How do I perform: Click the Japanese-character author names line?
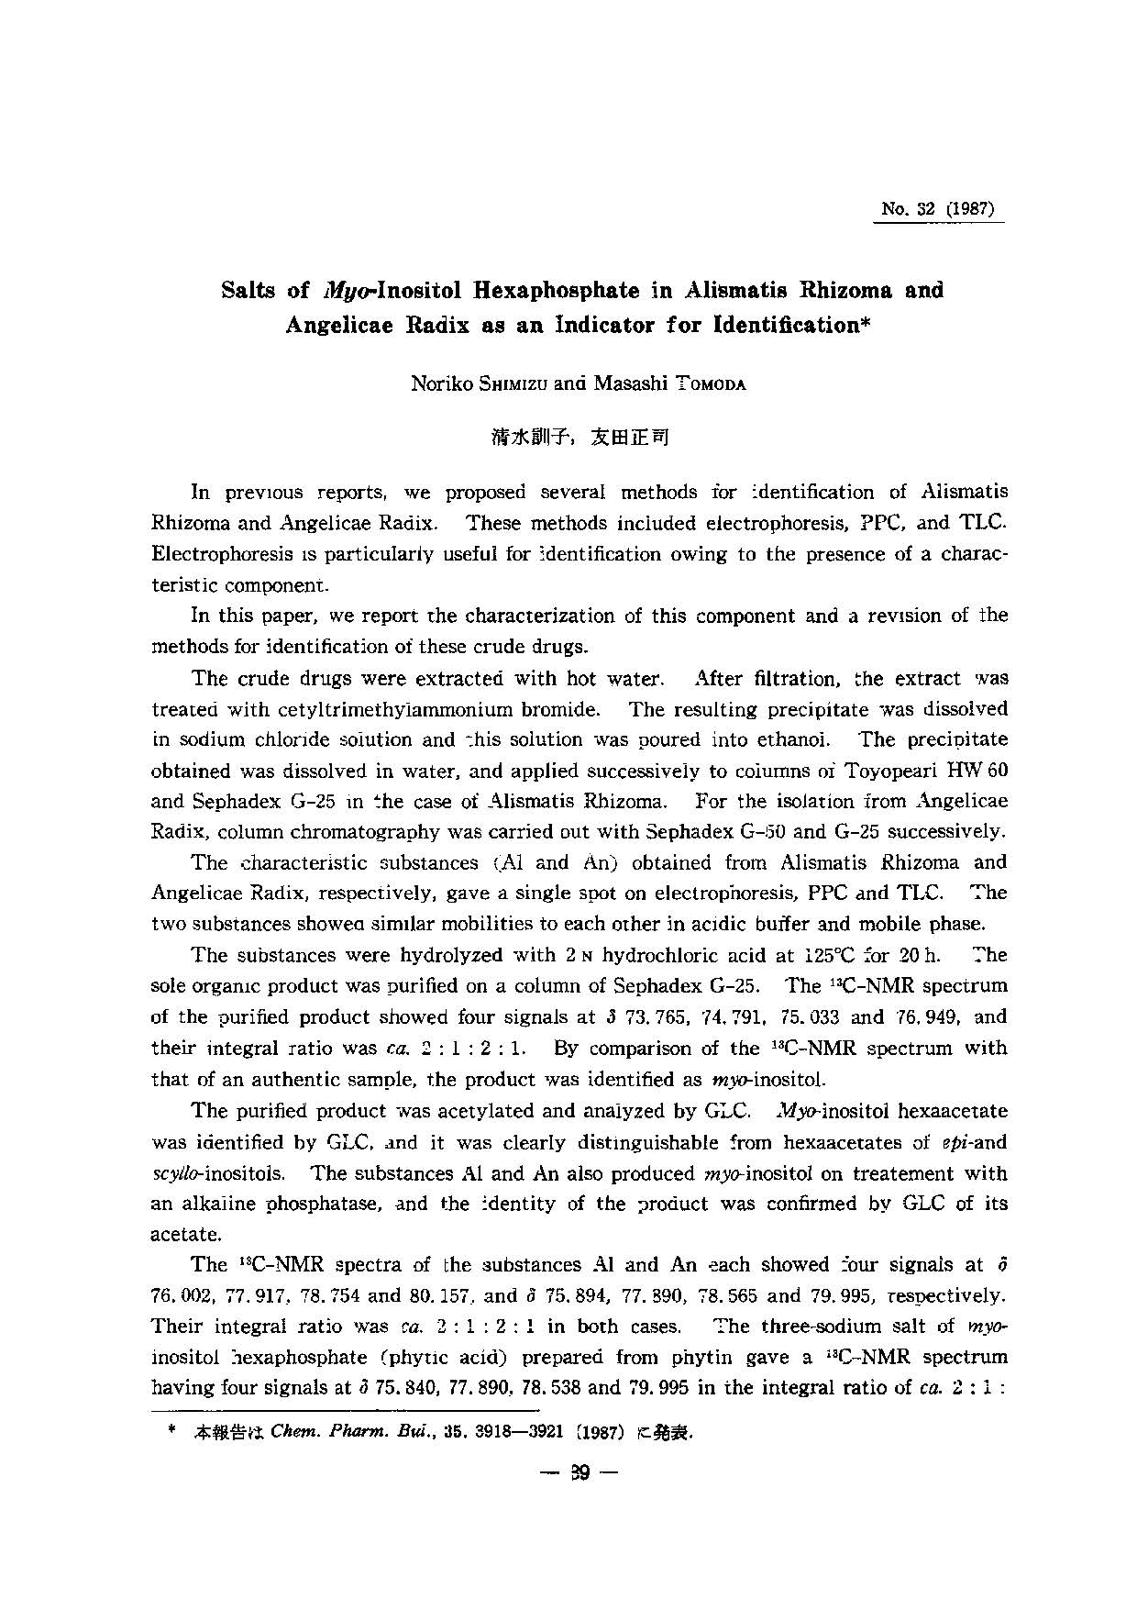click(580, 437)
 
